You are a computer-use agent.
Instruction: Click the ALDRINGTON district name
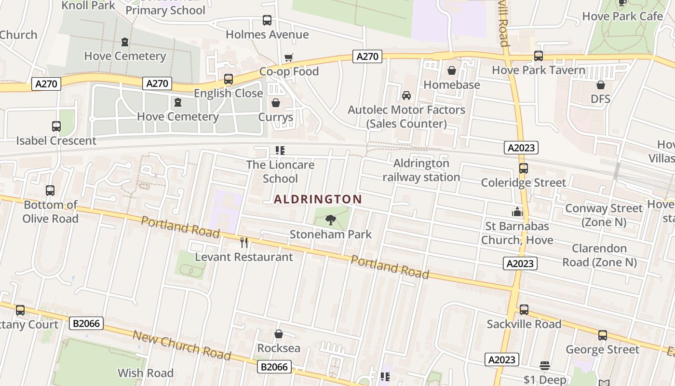pyautogui.click(x=318, y=199)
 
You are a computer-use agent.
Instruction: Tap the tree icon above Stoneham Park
pyautogui.click(x=331, y=221)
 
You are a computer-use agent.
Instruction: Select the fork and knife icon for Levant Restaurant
pyautogui.click(x=244, y=243)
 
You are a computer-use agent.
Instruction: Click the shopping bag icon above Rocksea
pyautogui.click(x=279, y=334)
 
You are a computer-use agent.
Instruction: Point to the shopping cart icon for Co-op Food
pyautogui.click(x=289, y=58)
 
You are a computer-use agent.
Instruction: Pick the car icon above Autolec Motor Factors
pyautogui.click(x=406, y=96)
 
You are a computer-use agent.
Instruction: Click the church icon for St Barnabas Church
pyautogui.click(x=517, y=212)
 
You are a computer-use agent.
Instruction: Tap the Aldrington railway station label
pyautogui.click(x=421, y=170)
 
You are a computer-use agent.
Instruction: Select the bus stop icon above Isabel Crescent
pyautogui.click(x=56, y=126)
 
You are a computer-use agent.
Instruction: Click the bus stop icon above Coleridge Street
pyautogui.click(x=524, y=168)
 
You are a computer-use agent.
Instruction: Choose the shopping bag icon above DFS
pyautogui.click(x=600, y=85)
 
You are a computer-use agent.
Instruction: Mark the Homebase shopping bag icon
pyautogui.click(x=452, y=71)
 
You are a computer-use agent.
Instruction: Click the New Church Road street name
pyautogui.click(x=182, y=345)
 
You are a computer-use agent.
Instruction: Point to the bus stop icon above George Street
pyautogui.click(x=602, y=335)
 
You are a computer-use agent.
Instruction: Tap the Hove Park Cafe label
pyautogui.click(x=622, y=16)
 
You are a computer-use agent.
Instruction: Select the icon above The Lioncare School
pyautogui.click(x=280, y=151)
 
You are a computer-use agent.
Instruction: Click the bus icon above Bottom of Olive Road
pyautogui.click(x=50, y=191)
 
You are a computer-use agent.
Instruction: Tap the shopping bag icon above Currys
pyautogui.click(x=276, y=103)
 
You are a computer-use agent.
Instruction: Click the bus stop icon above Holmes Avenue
pyautogui.click(x=267, y=20)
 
